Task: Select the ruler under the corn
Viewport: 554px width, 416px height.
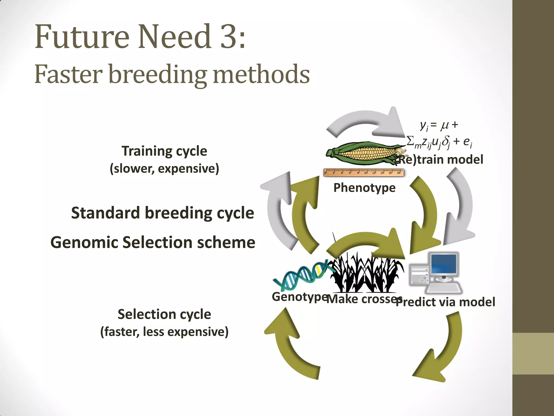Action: click(364, 172)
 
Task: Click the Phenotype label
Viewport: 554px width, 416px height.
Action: click(364, 188)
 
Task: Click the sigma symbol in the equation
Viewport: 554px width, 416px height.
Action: click(410, 141)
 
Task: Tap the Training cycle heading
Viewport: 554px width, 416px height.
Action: click(164, 151)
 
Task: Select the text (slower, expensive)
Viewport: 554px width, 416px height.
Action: click(164, 168)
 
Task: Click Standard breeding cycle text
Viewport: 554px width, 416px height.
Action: click(162, 213)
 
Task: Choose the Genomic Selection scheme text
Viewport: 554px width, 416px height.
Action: click(153, 242)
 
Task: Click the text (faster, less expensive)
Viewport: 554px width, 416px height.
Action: click(164, 332)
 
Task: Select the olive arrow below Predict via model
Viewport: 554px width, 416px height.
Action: click(444, 349)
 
